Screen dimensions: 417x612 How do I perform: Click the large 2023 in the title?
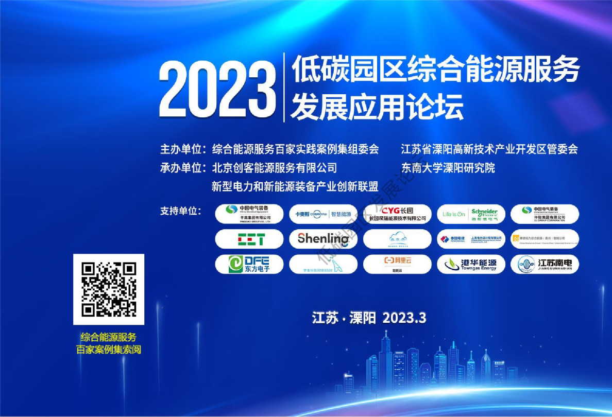(x=217, y=89)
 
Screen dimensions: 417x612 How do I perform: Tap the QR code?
(x=109, y=289)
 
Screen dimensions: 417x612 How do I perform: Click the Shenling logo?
(x=323, y=239)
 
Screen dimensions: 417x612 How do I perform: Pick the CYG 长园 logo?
(x=397, y=214)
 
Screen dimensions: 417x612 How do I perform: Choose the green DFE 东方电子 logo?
(x=249, y=264)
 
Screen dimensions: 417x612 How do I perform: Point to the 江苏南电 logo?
(x=545, y=264)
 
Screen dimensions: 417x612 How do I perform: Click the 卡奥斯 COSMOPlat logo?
(x=323, y=214)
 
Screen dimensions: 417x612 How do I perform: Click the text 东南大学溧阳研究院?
(x=448, y=168)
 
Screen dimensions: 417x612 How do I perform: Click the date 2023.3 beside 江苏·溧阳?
(x=404, y=318)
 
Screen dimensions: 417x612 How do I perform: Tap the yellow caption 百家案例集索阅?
(x=109, y=350)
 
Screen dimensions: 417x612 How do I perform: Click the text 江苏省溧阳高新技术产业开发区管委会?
(x=489, y=149)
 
